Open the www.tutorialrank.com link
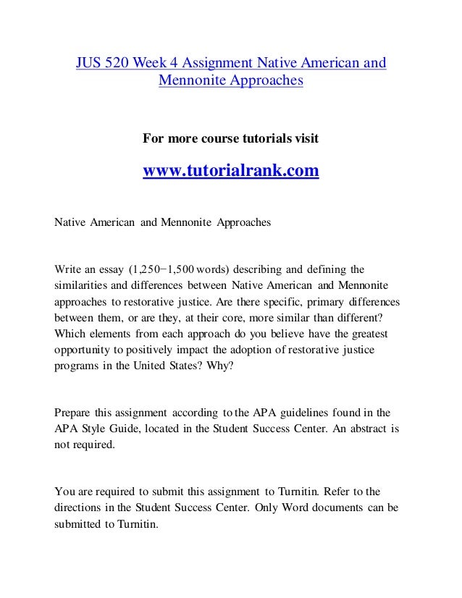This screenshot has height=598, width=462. pyautogui.click(x=231, y=172)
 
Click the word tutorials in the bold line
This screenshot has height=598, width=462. pyautogui.click(x=257, y=138)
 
